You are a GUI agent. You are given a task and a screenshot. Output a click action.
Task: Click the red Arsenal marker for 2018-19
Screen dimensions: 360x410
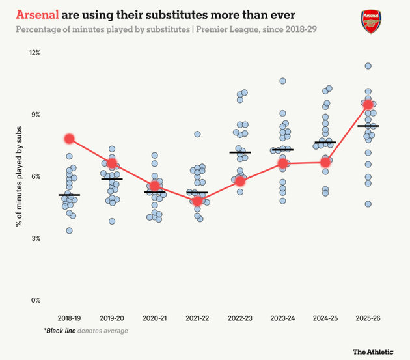(x=70, y=139)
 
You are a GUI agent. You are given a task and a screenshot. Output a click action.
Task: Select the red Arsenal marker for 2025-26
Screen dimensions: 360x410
(x=368, y=104)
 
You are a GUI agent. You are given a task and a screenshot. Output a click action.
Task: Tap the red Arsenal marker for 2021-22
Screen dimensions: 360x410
(x=197, y=201)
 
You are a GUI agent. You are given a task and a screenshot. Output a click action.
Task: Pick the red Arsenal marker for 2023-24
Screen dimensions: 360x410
(x=282, y=163)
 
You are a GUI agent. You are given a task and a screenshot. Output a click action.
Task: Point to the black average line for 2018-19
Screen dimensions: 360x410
(x=69, y=195)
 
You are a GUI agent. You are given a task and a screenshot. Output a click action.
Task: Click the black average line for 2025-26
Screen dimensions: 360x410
(x=368, y=126)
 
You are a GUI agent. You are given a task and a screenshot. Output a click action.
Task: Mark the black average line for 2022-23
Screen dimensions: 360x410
(x=240, y=152)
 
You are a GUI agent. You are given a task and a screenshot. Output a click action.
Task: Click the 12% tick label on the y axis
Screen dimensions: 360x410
(x=34, y=52)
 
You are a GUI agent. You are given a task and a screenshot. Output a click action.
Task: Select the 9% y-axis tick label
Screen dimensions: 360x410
(x=36, y=115)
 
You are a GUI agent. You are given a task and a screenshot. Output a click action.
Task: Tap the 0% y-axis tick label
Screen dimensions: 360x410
(x=36, y=301)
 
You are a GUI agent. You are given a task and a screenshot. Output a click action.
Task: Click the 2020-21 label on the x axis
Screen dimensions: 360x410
(x=155, y=318)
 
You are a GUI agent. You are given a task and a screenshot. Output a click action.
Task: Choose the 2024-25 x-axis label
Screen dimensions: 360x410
(x=325, y=318)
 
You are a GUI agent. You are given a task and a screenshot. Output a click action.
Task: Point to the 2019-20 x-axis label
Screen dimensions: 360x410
(x=112, y=318)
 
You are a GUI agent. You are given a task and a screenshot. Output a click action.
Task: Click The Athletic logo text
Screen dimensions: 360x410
(x=373, y=352)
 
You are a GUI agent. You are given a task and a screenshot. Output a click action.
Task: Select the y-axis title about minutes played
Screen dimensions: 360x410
(x=19, y=176)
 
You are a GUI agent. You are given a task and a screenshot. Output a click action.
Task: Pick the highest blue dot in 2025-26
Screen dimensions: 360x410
(x=368, y=66)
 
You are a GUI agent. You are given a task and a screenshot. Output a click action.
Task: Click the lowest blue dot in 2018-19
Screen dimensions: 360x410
(x=69, y=230)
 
